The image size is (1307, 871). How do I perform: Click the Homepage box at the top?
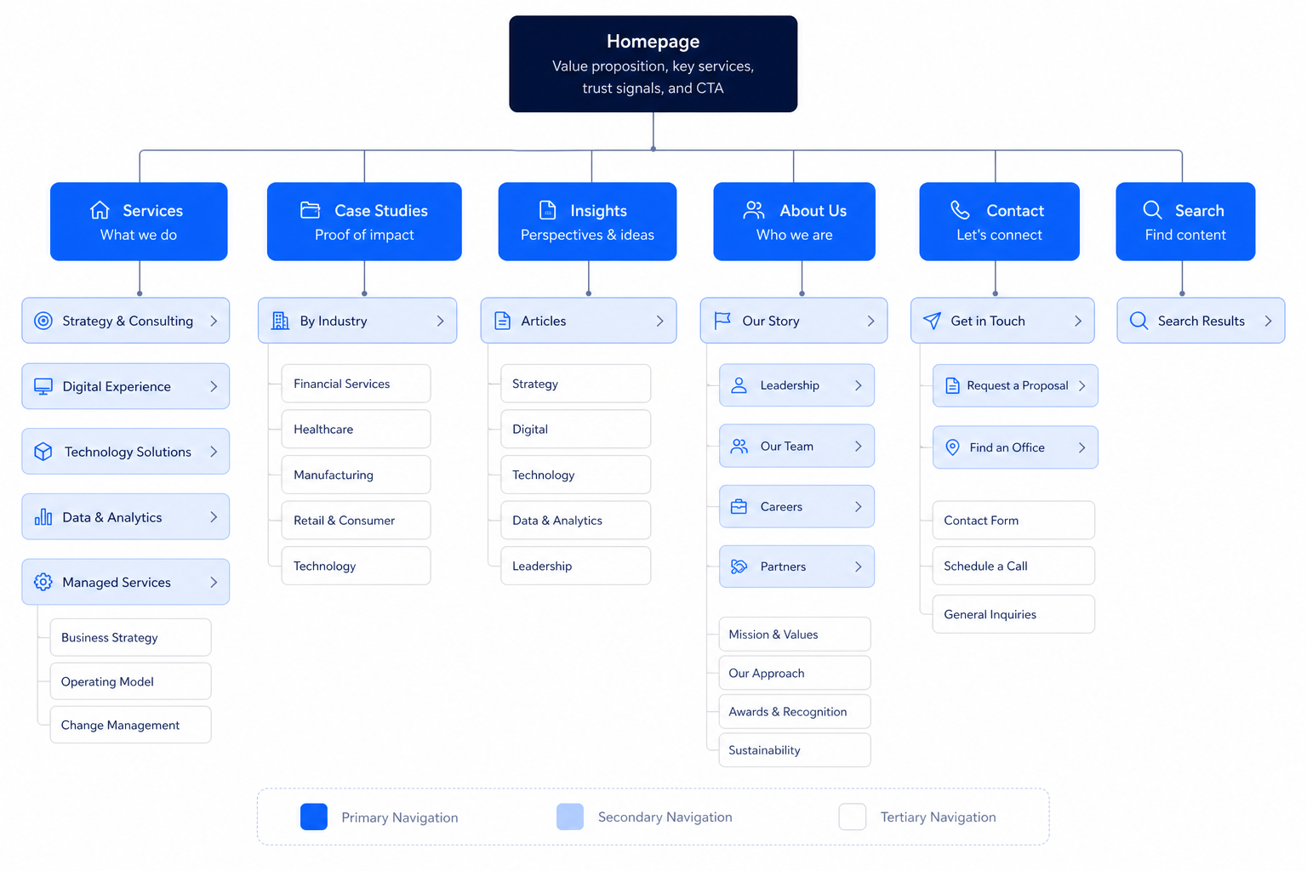(x=653, y=64)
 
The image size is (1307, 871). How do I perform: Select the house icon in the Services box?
(x=100, y=210)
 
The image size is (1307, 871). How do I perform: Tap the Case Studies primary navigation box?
(x=364, y=221)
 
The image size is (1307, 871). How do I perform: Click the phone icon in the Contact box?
(x=960, y=210)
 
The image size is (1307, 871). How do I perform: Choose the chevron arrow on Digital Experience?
(x=214, y=386)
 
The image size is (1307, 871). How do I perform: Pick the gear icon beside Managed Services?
(x=43, y=582)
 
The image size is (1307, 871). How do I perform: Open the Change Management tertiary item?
(x=131, y=725)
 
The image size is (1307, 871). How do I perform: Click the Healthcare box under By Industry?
(x=356, y=429)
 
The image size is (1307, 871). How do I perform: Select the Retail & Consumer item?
(x=356, y=520)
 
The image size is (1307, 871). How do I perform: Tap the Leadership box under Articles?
(x=575, y=566)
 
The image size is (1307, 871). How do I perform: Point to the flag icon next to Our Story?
(x=722, y=321)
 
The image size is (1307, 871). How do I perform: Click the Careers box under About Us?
(x=796, y=506)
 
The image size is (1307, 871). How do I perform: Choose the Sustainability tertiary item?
(x=795, y=749)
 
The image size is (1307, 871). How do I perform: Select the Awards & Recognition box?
(x=795, y=711)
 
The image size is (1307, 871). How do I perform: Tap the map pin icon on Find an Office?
(x=952, y=447)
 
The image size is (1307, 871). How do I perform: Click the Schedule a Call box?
(x=1013, y=566)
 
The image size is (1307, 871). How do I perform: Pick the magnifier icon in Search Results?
(x=1139, y=321)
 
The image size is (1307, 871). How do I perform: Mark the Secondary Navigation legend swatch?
(x=570, y=817)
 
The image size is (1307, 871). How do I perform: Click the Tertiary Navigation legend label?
(x=938, y=817)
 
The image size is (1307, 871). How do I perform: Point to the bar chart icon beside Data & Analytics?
(x=43, y=516)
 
